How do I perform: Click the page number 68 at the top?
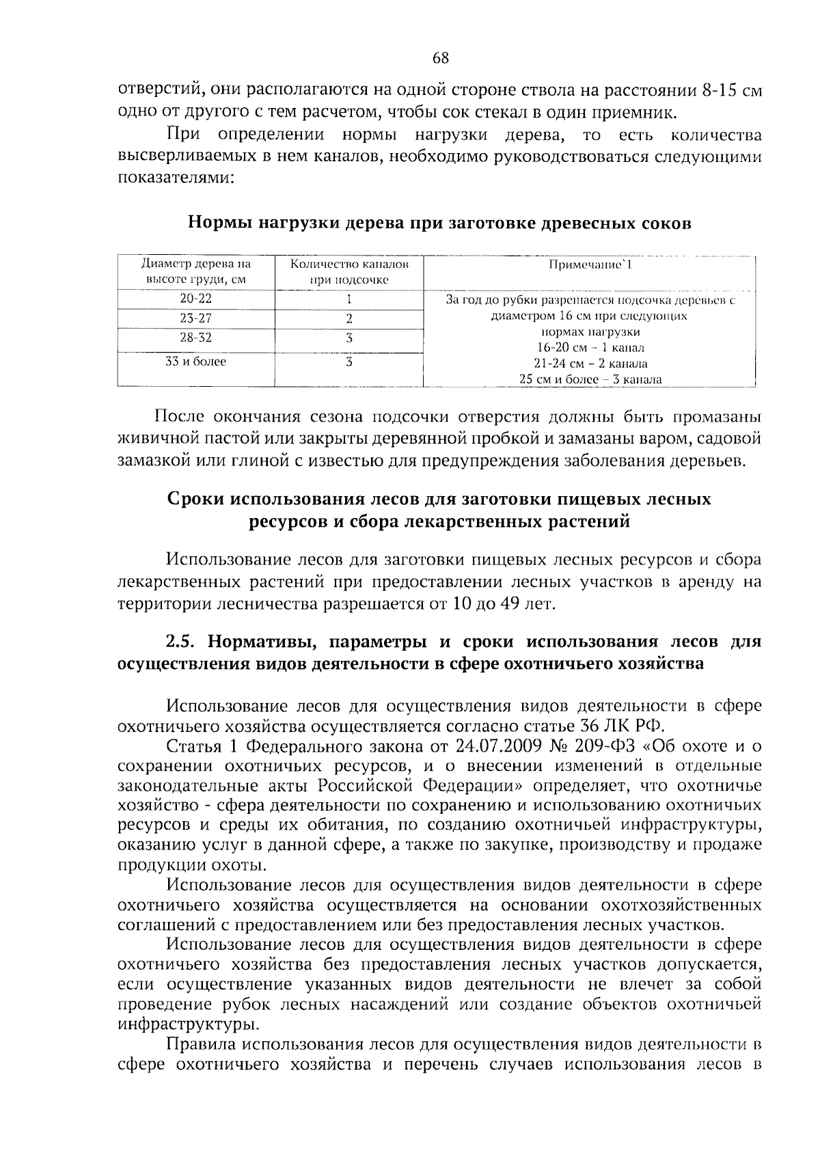click(440, 58)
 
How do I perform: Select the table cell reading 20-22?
click(196, 299)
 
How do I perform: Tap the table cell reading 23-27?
click(196, 318)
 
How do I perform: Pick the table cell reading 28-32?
click(196, 338)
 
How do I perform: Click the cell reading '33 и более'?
click(196, 362)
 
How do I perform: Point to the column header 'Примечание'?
click(590, 264)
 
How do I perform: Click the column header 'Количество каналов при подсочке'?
click(348, 271)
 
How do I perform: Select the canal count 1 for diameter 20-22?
click(348, 299)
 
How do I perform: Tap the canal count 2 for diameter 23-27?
click(348, 318)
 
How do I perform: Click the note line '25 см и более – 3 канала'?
click(590, 380)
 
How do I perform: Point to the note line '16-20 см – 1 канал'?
click(590, 348)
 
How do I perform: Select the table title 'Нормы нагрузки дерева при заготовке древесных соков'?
click(439, 223)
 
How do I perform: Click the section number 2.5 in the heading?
click(182, 643)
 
